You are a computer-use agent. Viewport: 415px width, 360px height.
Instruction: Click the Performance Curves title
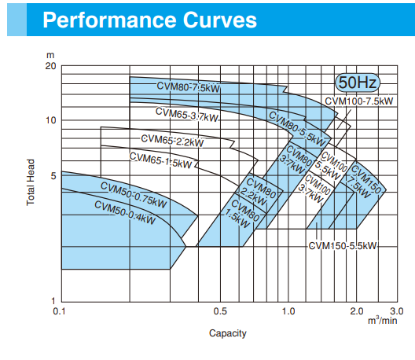pos(150,20)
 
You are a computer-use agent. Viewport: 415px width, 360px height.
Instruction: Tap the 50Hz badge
pos(358,83)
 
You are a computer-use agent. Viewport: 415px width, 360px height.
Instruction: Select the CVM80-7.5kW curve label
pos(188,87)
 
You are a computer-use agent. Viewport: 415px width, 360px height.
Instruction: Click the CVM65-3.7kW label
pos(187,115)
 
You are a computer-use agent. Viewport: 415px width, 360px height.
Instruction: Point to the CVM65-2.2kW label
pos(173,141)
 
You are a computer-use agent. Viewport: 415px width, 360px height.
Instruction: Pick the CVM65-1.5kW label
pos(160,160)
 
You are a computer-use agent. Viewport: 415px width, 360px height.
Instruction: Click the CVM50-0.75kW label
pos(134,195)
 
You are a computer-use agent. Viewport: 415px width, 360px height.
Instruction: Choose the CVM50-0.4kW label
pos(125,213)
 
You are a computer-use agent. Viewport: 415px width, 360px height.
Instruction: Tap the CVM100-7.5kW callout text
pos(359,101)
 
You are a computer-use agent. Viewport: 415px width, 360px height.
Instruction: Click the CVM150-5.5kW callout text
pos(343,246)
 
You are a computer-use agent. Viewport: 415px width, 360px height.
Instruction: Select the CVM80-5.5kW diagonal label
pos(297,129)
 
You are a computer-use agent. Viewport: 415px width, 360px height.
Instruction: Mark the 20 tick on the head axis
pos(50,66)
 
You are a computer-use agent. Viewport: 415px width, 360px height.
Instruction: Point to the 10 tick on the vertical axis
pos(51,120)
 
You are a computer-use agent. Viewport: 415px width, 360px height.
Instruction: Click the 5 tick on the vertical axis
pos(53,176)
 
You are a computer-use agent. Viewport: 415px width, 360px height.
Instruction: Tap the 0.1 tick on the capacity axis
pos(59,311)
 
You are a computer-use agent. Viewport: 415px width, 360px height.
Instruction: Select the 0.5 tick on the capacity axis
pos(220,311)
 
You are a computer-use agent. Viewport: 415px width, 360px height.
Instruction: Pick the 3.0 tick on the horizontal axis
pos(397,311)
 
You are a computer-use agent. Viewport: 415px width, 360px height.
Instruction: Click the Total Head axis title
pos(31,182)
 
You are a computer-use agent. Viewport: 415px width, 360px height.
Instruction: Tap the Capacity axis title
pos(228,333)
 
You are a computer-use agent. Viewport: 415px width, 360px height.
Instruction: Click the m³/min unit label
pos(383,320)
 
